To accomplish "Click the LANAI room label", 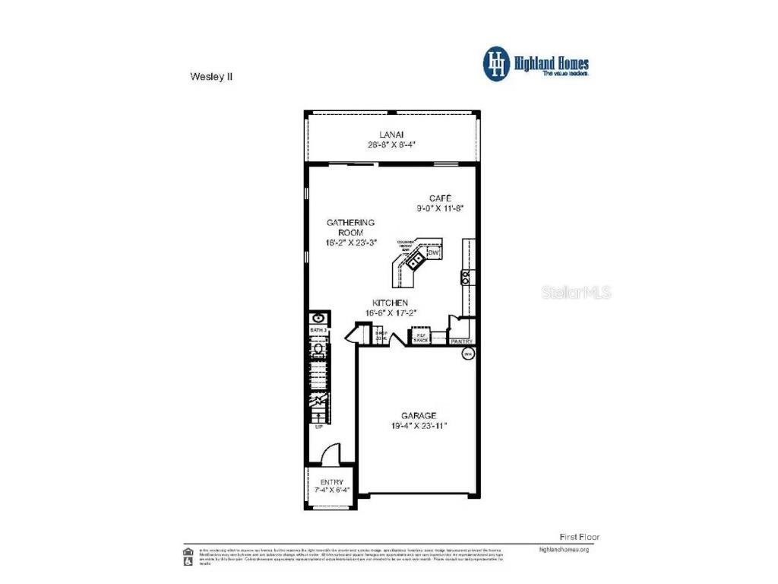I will click(391, 134).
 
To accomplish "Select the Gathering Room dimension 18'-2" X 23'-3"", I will click(350, 243).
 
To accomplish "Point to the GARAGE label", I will click(419, 415).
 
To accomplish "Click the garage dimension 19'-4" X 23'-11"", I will click(419, 426).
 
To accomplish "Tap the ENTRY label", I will click(331, 482).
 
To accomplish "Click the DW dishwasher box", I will click(434, 252).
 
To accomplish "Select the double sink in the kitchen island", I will click(416, 262).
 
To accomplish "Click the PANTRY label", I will click(462, 341).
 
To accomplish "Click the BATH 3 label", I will click(318, 331).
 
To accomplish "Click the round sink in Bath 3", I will click(318, 319).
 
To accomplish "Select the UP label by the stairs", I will click(319, 427).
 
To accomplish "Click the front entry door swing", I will click(330, 454).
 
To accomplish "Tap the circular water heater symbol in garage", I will click(469, 354).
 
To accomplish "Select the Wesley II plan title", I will click(206, 76).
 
